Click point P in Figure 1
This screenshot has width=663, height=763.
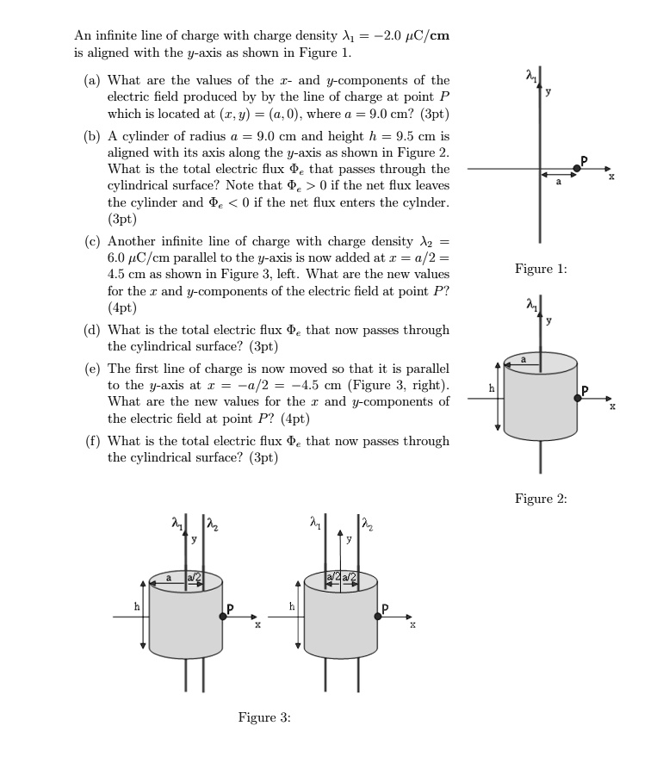tap(577, 169)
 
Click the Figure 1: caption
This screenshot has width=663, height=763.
tap(541, 270)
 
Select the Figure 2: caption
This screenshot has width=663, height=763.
tap(541, 499)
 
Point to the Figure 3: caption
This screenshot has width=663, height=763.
tap(263, 717)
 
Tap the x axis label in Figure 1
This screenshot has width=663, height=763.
tap(612, 177)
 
